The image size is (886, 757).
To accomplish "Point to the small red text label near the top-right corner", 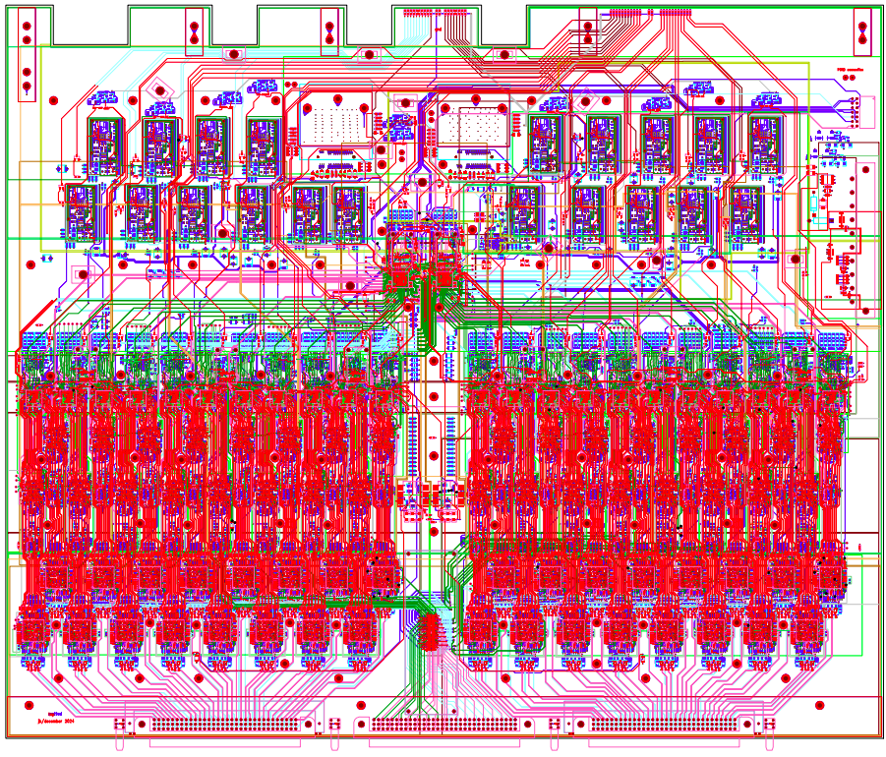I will coord(848,71).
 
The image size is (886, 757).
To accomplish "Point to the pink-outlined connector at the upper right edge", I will coord(861,110).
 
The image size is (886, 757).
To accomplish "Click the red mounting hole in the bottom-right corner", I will coord(818,704).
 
